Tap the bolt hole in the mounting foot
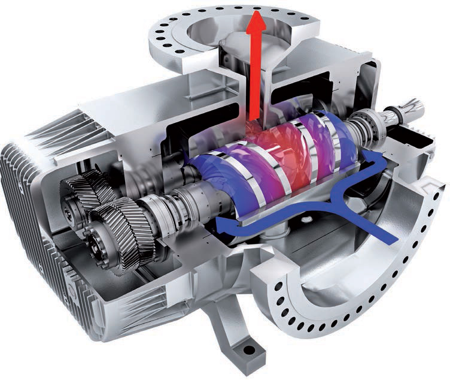[x=244, y=349]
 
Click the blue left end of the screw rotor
[x=206, y=180]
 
